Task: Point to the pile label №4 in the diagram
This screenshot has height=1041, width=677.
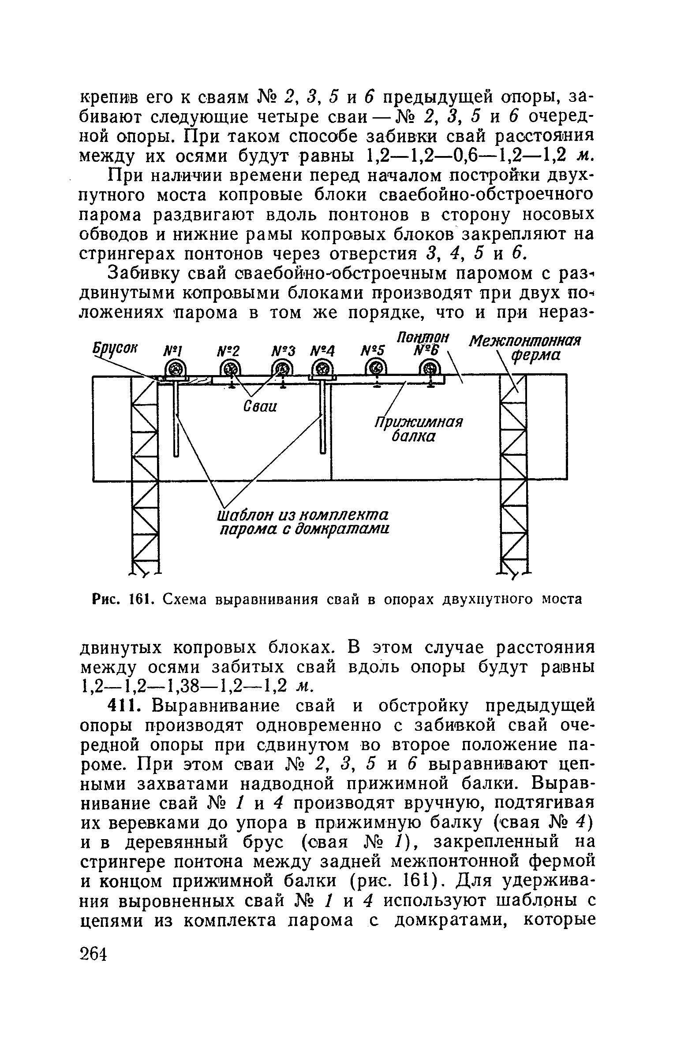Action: coord(323,351)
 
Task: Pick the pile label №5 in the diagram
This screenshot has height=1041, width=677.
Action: coord(374,351)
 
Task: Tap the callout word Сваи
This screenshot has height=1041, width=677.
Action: coord(260,407)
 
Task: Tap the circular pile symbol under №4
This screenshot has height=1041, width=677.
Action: coord(323,368)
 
